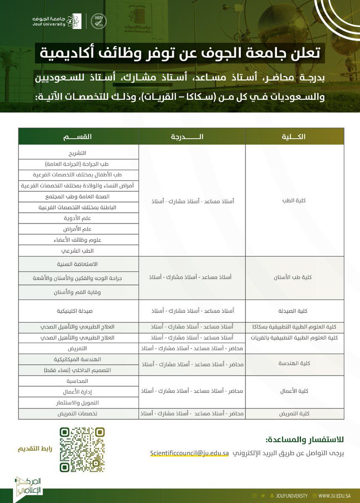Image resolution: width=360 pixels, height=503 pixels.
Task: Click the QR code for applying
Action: (x=82, y=450)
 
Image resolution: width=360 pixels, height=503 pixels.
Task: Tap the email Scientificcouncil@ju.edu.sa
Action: (x=189, y=453)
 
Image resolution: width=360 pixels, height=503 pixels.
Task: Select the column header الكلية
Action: (x=295, y=137)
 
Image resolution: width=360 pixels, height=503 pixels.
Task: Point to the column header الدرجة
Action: (x=193, y=137)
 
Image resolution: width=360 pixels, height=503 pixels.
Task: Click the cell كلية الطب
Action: (x=295, y=201)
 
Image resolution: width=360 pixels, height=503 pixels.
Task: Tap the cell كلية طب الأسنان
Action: (x=295, y=277)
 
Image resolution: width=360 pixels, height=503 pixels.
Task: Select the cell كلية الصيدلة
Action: (x=295, y=311)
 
